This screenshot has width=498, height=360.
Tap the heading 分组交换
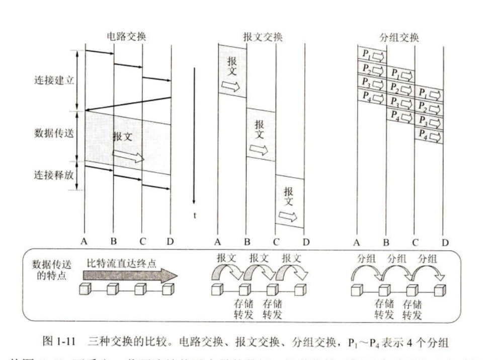[399, 37]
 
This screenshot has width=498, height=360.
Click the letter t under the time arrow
[194, 215]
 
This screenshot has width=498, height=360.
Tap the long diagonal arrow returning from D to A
[128, 104]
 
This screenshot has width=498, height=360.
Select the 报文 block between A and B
[232, 70]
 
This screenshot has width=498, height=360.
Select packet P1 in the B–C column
[400, 73]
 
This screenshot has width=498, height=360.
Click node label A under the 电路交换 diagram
[85, 242]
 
